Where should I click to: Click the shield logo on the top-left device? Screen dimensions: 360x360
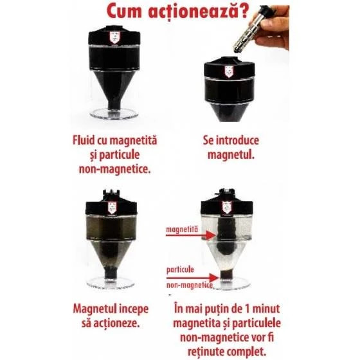[x=114, y=38]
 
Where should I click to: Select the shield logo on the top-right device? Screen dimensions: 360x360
[x=229, y=71]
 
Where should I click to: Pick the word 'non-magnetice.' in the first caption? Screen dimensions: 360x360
[x=115, y=170]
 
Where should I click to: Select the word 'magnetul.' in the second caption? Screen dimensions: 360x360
[x=231, y=155]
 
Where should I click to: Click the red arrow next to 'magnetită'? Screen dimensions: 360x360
[x=190, y=235]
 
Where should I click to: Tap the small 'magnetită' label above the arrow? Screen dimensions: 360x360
[x=182, y=230]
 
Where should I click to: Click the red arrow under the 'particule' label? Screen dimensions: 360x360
[x=192, y=278]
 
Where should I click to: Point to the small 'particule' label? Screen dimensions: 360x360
[x=180, y=270]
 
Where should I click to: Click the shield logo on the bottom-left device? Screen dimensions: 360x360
[x=112, y=208]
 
